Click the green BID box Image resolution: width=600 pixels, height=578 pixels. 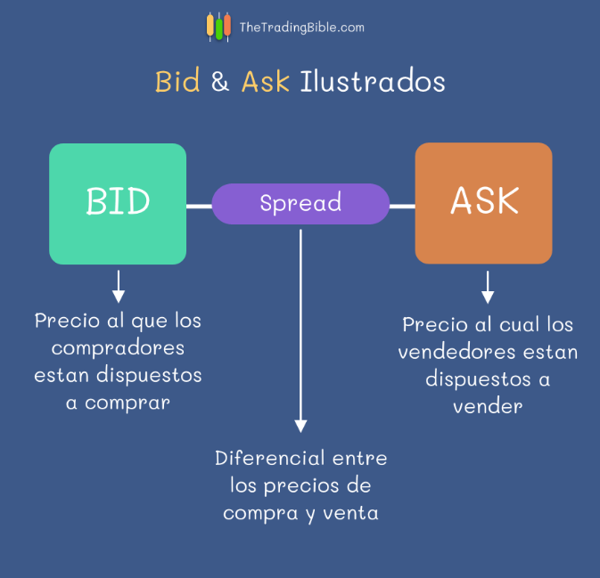pyautogui.click(x=118, y=204)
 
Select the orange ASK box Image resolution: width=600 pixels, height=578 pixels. pyautogui.click(x=484, y=203)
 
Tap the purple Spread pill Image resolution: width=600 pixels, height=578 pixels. pyautogui.click(x=300, y=203)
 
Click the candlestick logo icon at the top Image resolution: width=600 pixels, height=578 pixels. pyautogui.click(x=218, y=26)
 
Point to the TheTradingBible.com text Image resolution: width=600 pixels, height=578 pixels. pyautogui.click(x=301, y=28)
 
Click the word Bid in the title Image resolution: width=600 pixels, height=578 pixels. pyautogui.click(x=177, y=82)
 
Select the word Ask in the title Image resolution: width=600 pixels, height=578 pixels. pyautogui.click(x=266, y=82)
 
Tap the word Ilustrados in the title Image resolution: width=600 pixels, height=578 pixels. pyautogui.click(x=373, y=82)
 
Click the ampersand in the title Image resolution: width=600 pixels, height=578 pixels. pyautogui.click(x=220, y=82)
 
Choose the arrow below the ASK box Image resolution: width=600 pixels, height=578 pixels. pyautogui.click(x=488, y=287)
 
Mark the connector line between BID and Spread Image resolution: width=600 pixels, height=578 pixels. pyautogui.click(x=199, y=206)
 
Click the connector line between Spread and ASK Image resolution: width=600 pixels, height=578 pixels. pyautogui.click(x=402, y=206)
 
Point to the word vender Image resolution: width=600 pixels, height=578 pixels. pyautogui.click(x=487, y=406)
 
